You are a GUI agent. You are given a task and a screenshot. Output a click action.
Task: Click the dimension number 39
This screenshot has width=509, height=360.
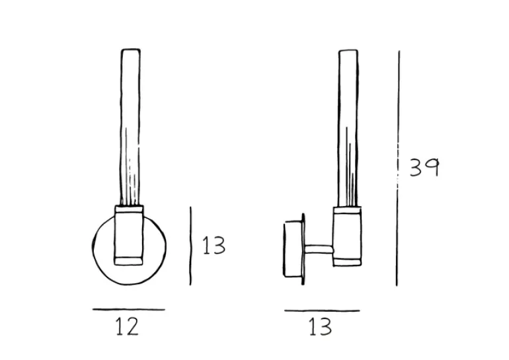(x=424, y=167)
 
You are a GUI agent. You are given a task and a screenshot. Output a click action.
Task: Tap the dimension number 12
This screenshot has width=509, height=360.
(x=127, y=326)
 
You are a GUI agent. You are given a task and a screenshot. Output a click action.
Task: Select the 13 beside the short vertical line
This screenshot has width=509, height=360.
(x=214, y=246)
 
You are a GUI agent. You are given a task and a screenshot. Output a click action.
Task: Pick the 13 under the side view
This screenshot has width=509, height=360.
(x=320, y=326)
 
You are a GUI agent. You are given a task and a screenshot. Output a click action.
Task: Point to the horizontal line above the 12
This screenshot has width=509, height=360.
(x=128, y=309)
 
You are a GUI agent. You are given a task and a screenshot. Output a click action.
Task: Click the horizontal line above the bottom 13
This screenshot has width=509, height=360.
(x=322, y=310)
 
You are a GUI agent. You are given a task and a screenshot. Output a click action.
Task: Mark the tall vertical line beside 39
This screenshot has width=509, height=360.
(x=398, y=168)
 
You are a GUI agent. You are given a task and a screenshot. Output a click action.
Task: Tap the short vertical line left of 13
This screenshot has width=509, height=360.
(x=190, y=246)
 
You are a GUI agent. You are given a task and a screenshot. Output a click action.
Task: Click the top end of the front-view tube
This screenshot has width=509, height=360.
(x=130, y=50)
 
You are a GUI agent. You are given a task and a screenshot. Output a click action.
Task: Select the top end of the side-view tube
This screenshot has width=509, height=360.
(x=348, y=50)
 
